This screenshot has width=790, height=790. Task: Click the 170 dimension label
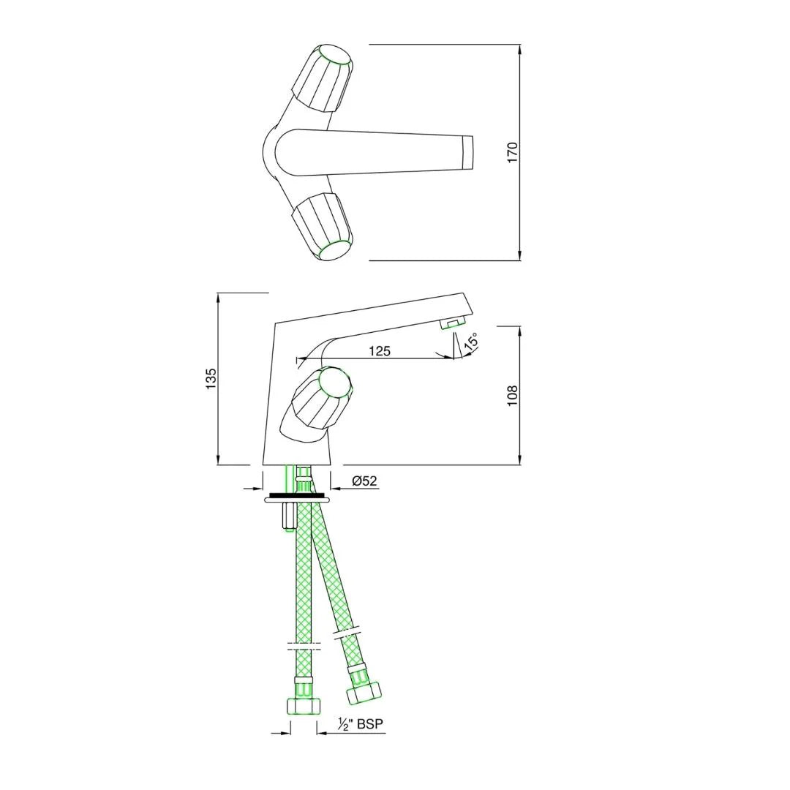click(x=512, y=153)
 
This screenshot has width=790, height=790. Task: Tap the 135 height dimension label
click(x=211, y=378)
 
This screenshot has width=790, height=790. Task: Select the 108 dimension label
click(x=512, y=396)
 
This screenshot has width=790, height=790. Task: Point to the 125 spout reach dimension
click(x=380, y=350)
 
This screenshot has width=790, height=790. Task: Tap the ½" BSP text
click(x=360, y=724)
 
